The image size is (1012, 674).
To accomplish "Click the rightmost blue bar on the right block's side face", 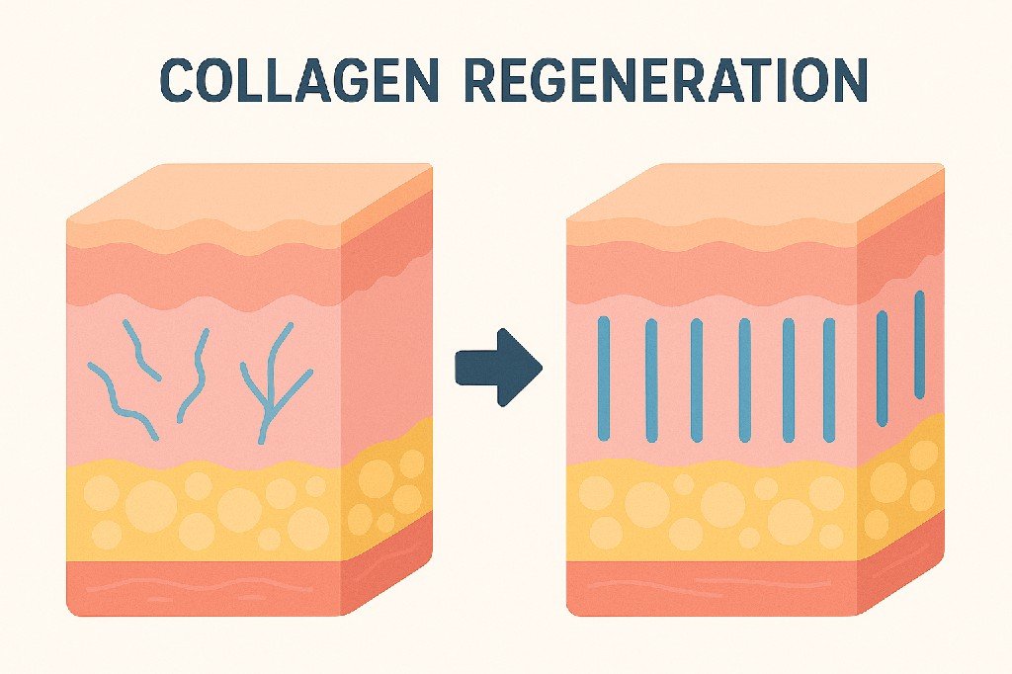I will tap(919, 344).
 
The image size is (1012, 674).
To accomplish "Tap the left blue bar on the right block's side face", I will tap(882, 354).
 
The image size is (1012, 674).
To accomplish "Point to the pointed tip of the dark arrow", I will tap(540, 368).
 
